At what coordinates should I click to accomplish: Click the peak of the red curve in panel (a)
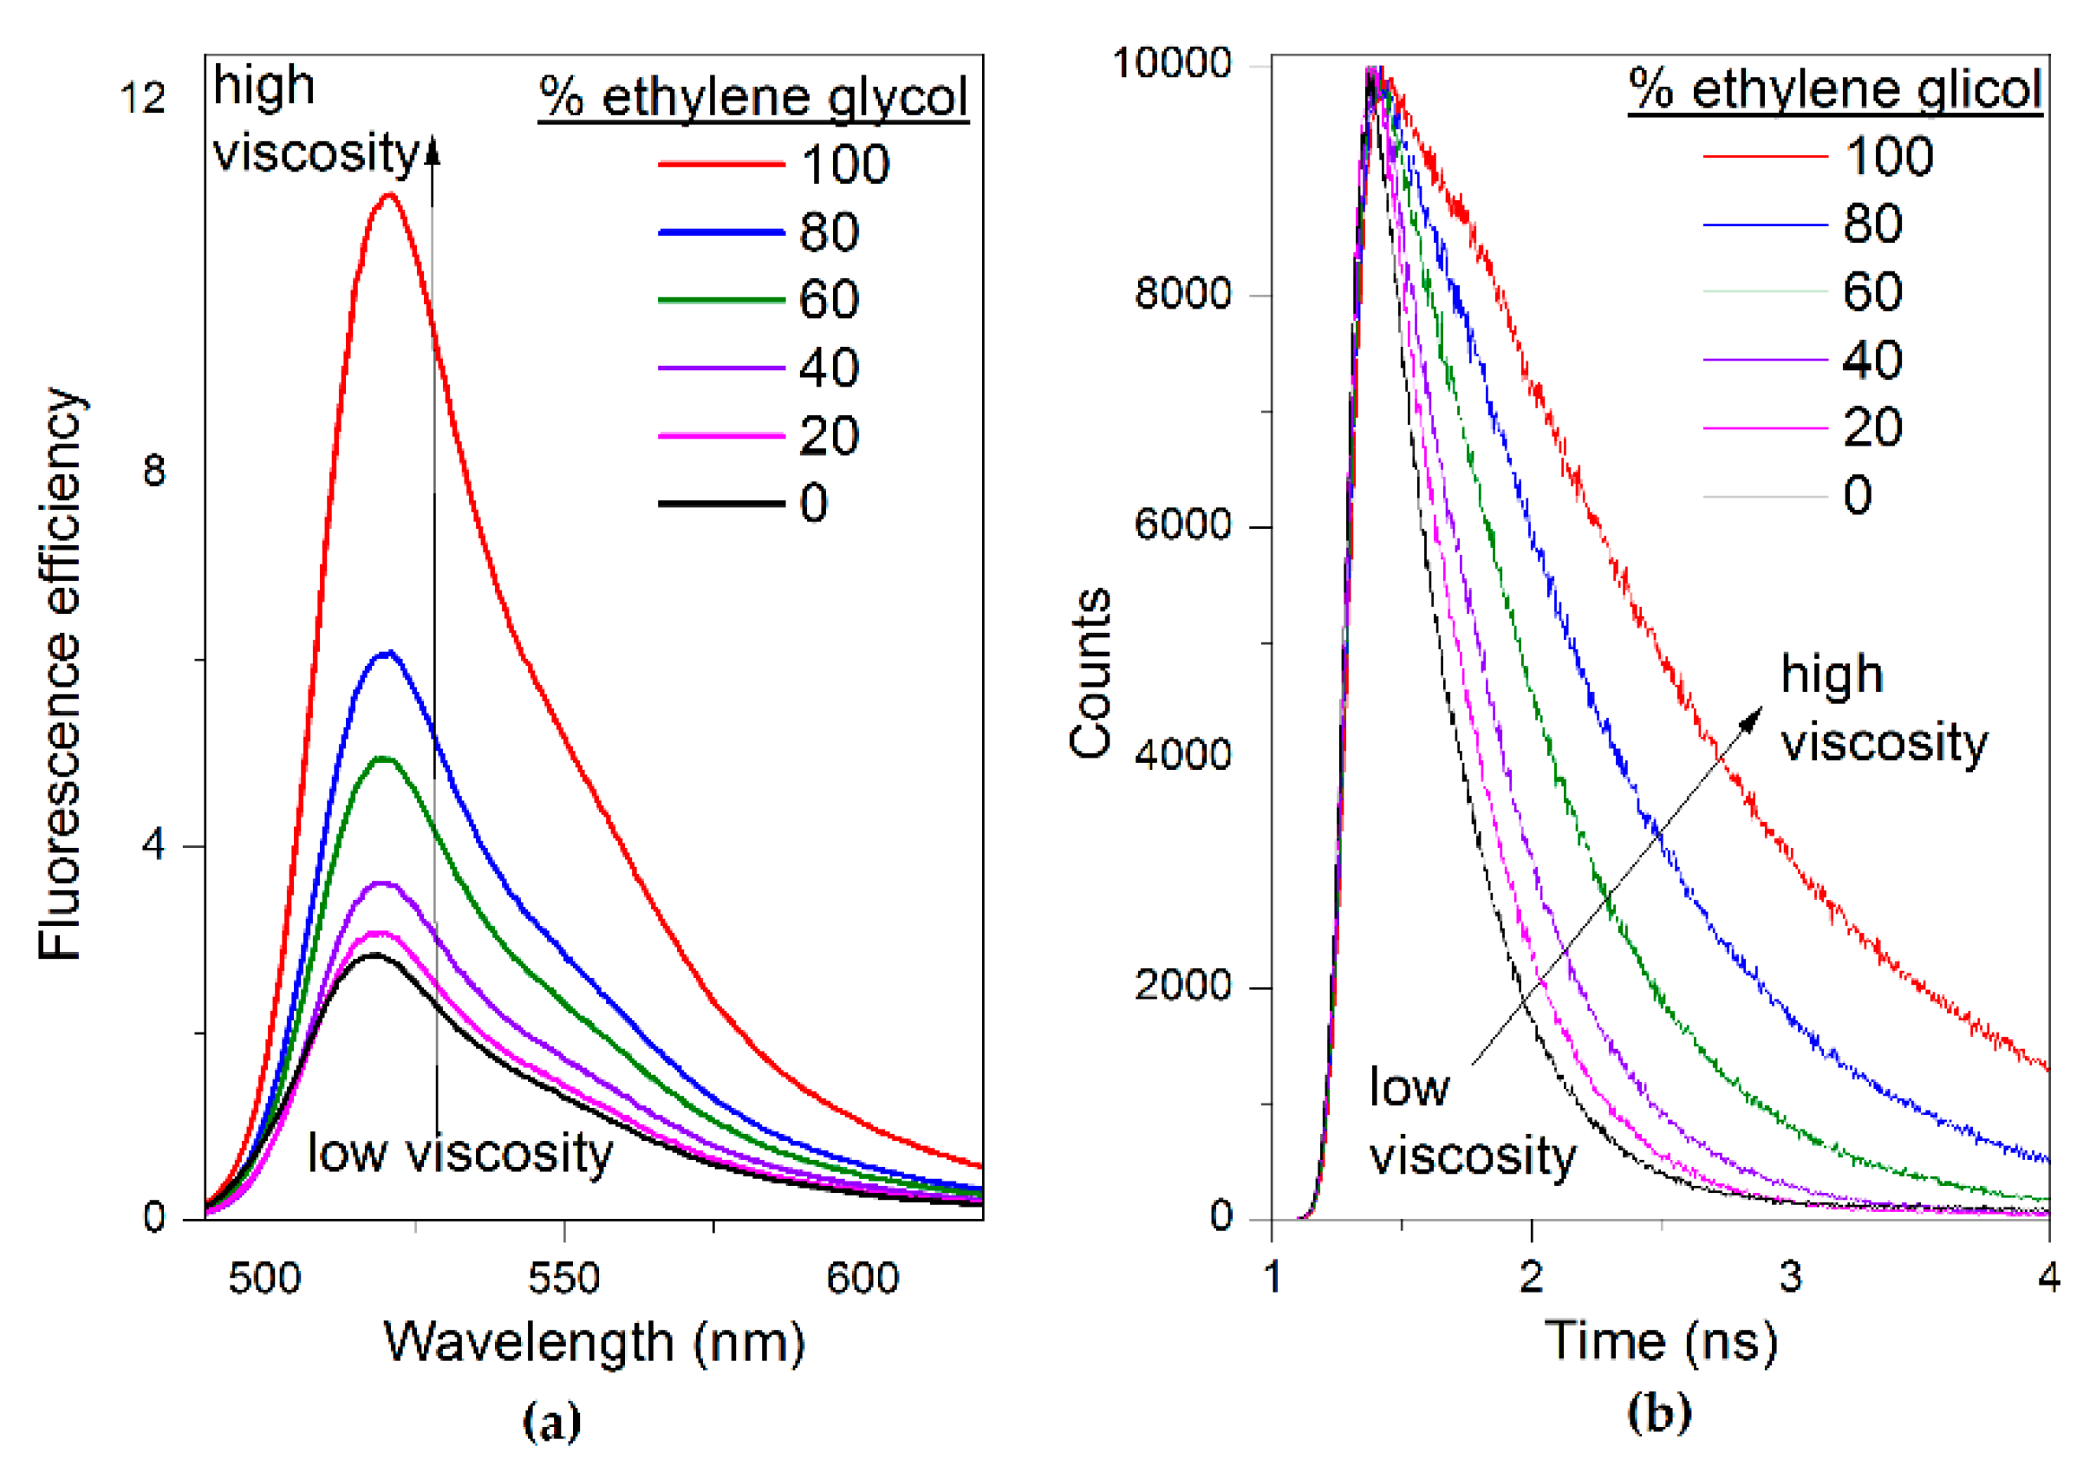pyautogui.click(x=390, y=194)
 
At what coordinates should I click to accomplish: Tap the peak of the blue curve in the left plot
pyautogui.click(x=388, y=653)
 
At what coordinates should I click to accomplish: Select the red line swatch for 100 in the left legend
pyautogui.click(x=721, y=165)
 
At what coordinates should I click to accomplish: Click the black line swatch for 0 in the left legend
pyautogui.click(x=721, y=503)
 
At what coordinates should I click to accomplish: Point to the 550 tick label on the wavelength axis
pyautogui.click(x=563, y=1278)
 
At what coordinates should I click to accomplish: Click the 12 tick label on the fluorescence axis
pyautogui.click(x=142, y=98)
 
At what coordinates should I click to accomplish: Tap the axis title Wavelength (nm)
pyautogui.click(x=594, y=1342)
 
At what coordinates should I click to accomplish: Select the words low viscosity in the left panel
pyautogui.click(x=460, y=1153)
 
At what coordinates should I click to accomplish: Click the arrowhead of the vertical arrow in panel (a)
pyautogui.click(x=433, y=149)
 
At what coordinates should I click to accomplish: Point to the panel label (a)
pyautogui.click(x=551, y=1422)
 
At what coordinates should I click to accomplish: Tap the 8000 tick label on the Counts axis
pyautogui.click(x=1182, y=293)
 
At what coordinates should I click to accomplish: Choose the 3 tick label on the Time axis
pyautogui.click(x=1790, y=1277)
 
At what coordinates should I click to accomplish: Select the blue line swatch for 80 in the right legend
pyautogui.click(x=1766, y=225)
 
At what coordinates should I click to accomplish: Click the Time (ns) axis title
pyautogui.click(x=1661, y=1341)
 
